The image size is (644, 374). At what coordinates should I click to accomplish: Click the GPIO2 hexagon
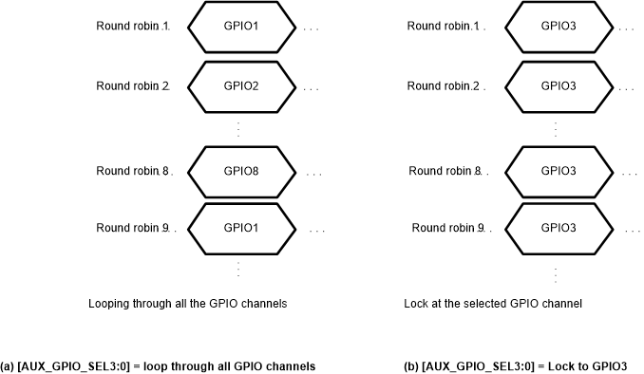point(237,86)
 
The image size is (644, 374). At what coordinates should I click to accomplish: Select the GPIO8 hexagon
point(237,172)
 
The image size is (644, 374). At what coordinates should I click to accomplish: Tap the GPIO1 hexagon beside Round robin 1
point(237,26)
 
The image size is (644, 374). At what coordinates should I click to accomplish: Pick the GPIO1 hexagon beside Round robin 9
point(237,228)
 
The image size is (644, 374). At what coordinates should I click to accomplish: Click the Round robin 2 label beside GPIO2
point(132,86)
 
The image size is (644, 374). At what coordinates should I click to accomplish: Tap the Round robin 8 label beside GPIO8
point(132,172)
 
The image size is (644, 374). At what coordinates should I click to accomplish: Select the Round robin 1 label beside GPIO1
point(132,26)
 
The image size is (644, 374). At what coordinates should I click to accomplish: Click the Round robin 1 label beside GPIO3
point(443,26)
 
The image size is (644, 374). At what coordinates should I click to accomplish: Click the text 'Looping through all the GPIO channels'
point(187,304)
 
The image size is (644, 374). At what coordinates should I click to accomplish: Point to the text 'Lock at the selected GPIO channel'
point(492,304)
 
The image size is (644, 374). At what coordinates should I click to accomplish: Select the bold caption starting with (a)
point(158,365)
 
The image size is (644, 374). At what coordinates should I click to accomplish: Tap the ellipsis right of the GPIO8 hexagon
point(314,174)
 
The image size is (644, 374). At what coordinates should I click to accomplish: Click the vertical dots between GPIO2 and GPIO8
point(237,129)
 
